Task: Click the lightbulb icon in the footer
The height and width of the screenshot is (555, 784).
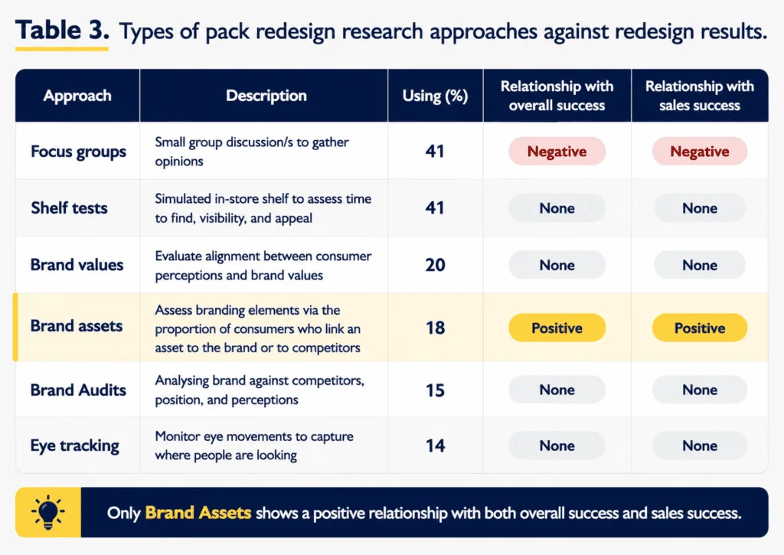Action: (x=48, y=512)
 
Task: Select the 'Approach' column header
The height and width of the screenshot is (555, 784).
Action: (x=77, y=96)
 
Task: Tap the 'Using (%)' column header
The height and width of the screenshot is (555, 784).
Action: (x=435, y=96)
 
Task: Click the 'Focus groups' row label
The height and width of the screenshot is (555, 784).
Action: (x=79, y=152)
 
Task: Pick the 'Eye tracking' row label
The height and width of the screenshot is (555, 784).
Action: (x=75, y=446)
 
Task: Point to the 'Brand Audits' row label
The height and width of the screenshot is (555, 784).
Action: (x=79, y=390)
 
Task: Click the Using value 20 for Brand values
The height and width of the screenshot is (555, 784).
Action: (x=435, y=265)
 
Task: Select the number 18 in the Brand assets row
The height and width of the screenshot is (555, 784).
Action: (x=435, y=328)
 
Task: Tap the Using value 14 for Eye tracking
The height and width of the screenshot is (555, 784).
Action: (x=435, y=446)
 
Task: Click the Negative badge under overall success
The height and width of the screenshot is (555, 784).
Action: (x=557, y=151)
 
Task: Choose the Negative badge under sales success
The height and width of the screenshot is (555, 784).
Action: (x=700, y=151)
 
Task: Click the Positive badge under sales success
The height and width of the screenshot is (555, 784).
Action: (x=700, y=328)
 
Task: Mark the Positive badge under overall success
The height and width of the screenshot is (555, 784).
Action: (x=557, y=328)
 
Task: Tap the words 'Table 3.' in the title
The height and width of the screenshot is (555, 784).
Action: (x=62, y=30)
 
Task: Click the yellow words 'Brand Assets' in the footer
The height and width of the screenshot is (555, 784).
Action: (x=198, y=512)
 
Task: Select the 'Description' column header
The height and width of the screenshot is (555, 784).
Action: (x=266, y=96)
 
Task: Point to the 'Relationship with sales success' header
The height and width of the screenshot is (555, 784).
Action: (x=700, y=96)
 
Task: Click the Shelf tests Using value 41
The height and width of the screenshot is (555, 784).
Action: (x=435, y=207)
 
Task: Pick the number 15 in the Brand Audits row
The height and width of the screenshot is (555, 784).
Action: (x=435, y=390)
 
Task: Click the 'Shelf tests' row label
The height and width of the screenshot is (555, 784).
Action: (x=69, y=207)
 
